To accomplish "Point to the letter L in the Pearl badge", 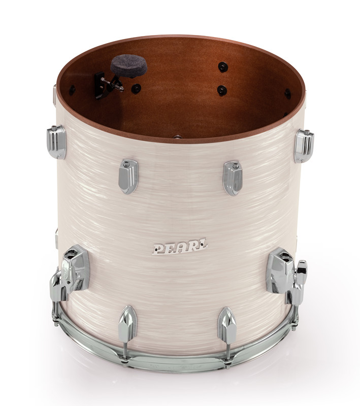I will click(201, 247).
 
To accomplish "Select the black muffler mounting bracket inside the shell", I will click(103, 84).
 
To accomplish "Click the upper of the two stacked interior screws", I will click(222, 66).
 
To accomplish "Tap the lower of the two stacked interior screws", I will click(222, 90).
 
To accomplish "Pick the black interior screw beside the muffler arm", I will click(136, 88).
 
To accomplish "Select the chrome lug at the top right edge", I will click(304, 145).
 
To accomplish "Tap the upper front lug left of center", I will click(128, 176).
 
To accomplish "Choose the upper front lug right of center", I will click(233, 178).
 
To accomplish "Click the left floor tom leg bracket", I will click(73, 271).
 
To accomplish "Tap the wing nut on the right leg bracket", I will click(302, 274).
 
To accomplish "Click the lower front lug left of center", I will click(127, 323).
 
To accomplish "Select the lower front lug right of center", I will click(226, 325).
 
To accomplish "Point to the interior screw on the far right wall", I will click(288, 94).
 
